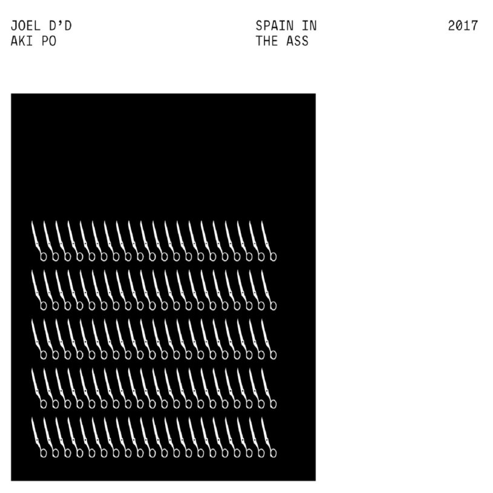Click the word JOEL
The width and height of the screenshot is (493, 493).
click(26, 26)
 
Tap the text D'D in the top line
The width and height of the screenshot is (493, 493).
click(60, 26)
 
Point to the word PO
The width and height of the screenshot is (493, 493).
click(49, 41)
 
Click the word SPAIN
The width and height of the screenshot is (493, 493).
click(275, 26)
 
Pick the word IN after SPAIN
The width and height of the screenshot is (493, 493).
click(309, 26)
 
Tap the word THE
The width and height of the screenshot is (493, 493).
click(267, 41)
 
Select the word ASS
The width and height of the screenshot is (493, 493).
click(298, 41)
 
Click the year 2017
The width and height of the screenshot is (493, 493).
click(463, 26)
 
